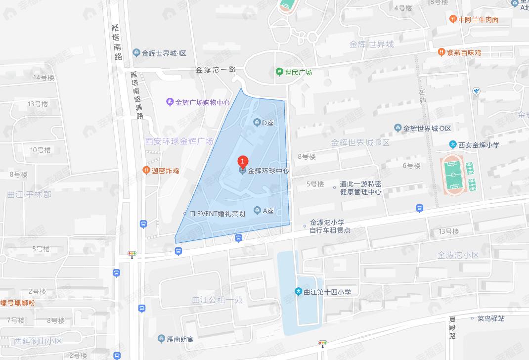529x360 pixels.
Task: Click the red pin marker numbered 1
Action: coord(242,162)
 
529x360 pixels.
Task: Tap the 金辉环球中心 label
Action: coord(267,171)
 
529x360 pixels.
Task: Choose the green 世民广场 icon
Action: coord(279,72)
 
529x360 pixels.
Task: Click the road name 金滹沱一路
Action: coord(216,70)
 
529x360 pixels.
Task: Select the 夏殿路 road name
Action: coord(452,327)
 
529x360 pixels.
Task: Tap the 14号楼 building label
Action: coord(44,77)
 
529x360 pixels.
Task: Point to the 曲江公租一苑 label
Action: coord(218,300)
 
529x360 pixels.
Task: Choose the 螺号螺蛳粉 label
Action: coord(18,303)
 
